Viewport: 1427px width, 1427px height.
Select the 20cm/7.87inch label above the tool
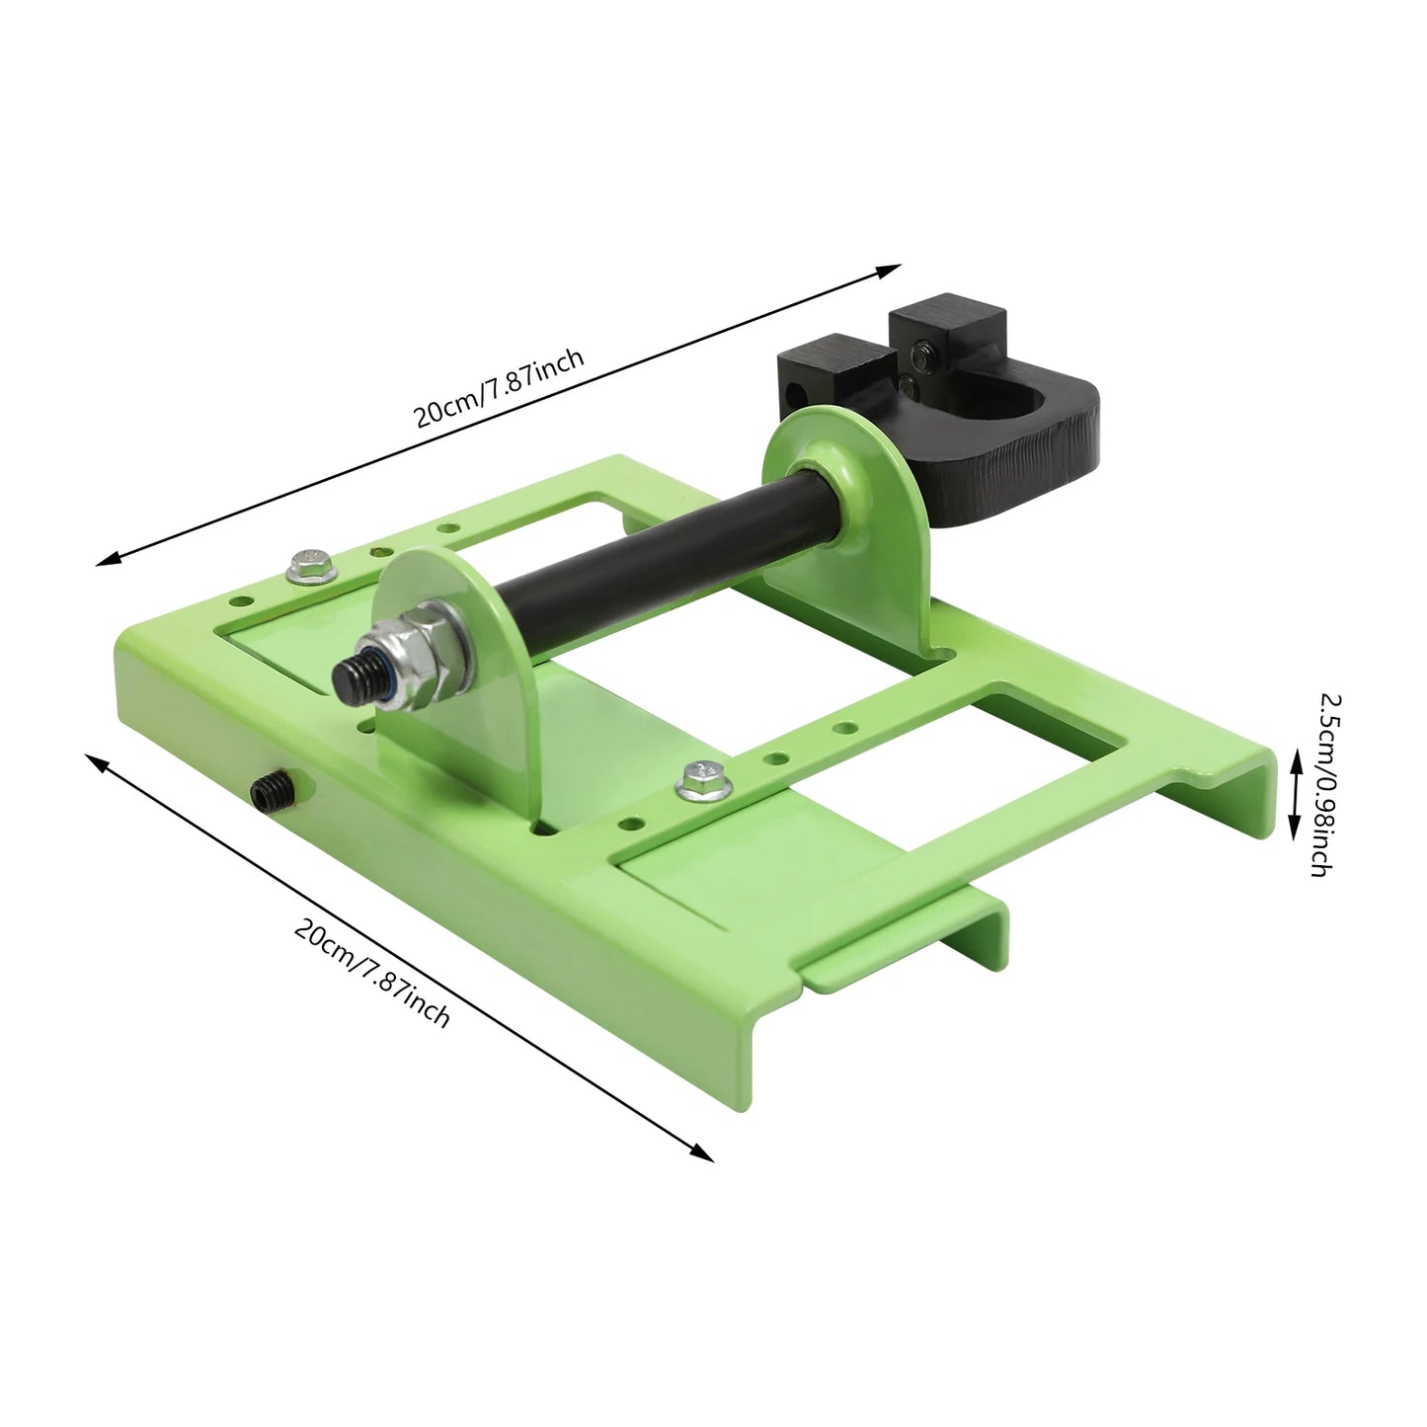point(499,388)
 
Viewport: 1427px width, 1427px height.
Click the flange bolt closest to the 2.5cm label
point(700,779)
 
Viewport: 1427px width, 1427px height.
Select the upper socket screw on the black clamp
point(921,356)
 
